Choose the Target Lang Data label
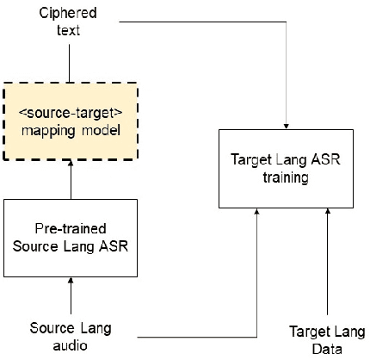pos(328,341)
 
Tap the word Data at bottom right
pos(328,350)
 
